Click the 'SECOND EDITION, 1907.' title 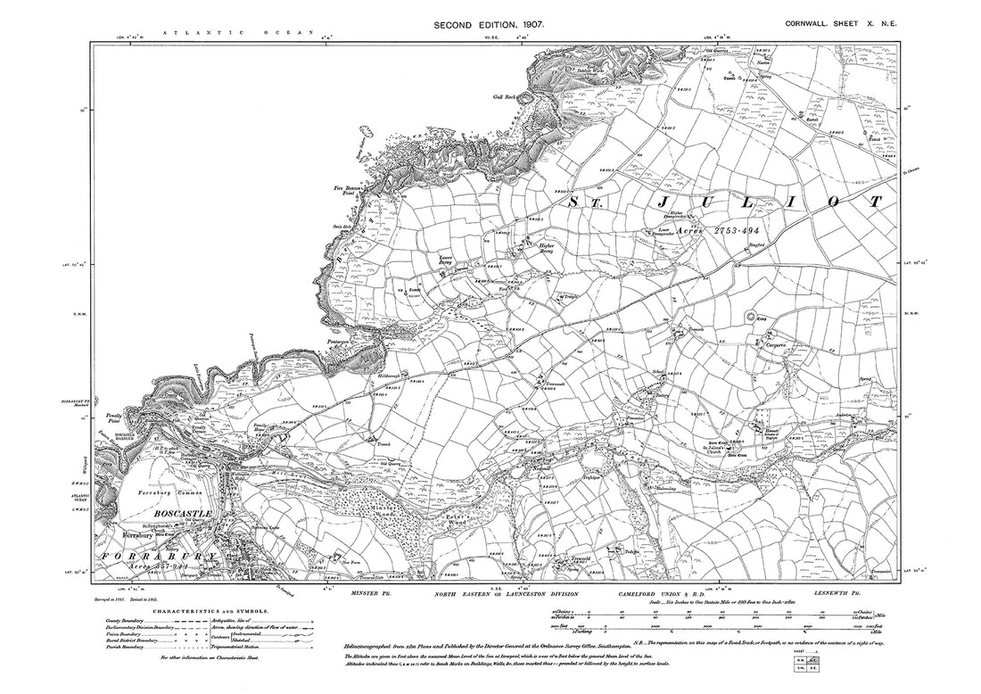(489, 27)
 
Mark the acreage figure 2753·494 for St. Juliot (733, 230)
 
